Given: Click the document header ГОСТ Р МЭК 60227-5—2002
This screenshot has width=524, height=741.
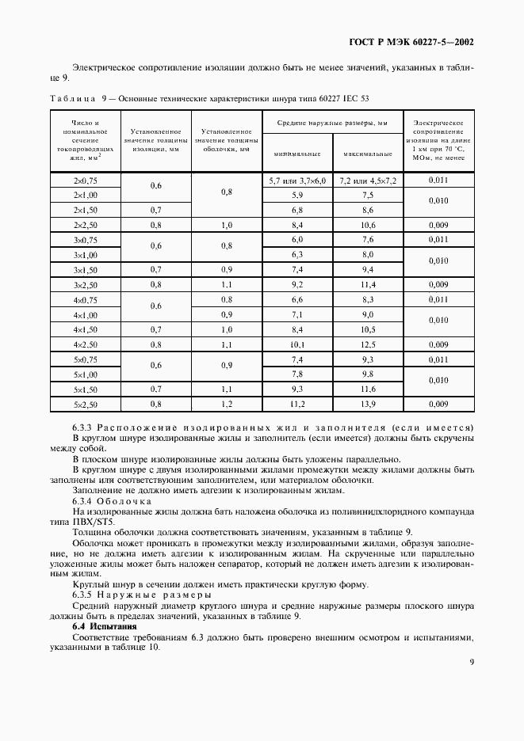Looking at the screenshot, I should pos(413,41).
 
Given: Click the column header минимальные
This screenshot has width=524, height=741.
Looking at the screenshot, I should pos(297,154).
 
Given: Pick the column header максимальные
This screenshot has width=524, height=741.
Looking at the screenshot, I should pos(367,154).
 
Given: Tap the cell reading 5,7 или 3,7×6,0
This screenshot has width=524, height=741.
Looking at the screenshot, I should pos(297,180).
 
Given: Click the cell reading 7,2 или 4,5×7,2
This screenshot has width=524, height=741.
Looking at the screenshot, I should pos(367,180).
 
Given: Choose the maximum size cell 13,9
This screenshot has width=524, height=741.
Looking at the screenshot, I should pos(367,404).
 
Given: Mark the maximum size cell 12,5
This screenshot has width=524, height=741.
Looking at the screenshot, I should pos(367,344).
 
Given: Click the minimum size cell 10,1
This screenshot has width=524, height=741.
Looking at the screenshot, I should pos(297,344).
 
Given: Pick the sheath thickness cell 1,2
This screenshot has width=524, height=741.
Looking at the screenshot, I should pos(226,404).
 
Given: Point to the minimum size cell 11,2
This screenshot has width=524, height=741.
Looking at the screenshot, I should pos(297,404).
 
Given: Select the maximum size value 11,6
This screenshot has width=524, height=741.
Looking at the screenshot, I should pos(367,389).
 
